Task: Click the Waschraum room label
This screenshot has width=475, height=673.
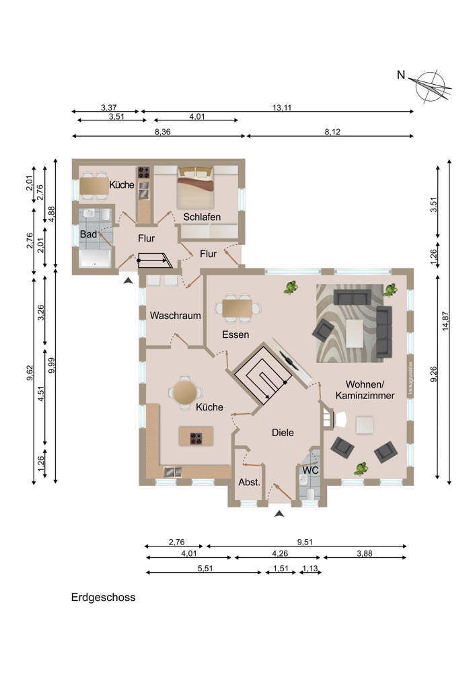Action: [x=175, y=316]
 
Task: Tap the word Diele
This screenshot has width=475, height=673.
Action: [x=283, y=432]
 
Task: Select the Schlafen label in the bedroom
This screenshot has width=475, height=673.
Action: [x=202, y=217]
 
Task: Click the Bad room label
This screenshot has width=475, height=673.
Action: [x=88, y=234]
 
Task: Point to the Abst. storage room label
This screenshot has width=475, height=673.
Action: [x=250, y=482]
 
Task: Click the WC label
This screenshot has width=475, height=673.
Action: [x=311, y=470]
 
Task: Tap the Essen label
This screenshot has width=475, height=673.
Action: [x=235, y=334]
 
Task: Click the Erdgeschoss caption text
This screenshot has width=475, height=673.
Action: [x=104, y=598]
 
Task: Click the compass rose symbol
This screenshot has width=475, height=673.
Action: [x=433, y=87]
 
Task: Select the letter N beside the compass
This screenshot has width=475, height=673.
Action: [x=401, y=75]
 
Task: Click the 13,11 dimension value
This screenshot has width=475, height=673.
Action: [x=282, y=108]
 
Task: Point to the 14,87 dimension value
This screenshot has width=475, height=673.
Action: [x=446, y=320]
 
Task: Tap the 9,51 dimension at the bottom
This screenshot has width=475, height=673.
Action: [x=305, y=542]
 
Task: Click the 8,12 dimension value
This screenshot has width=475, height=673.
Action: [x=332, y=132]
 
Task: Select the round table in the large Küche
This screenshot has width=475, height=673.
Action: [x=184, y=392]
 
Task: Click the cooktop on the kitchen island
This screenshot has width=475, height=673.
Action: [x=196, y=438]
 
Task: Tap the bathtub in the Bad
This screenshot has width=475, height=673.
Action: [x=95, y=258]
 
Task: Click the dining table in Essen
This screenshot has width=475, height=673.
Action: [x=238, y=308]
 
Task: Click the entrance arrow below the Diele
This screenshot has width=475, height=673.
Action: [x=279, y=513]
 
